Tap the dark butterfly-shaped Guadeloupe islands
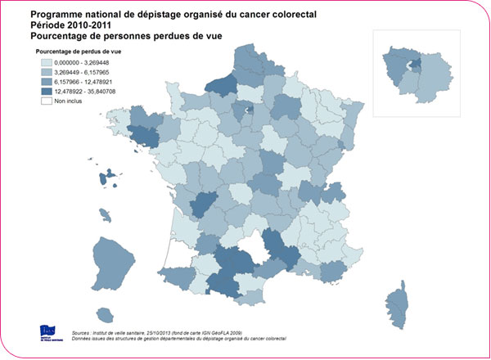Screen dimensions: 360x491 coord(111,177)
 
